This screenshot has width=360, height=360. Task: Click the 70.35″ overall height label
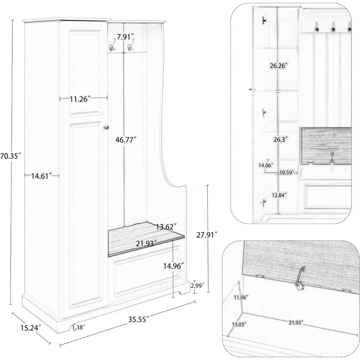click(x=10, y=156)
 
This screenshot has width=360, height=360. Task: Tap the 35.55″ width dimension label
click(x=139, y=319)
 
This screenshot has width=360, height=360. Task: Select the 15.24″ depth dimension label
click(x=31, y=328)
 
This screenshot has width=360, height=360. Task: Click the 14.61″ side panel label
click(x=41, y=176)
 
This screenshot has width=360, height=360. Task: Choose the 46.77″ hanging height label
click(x=126, y=140)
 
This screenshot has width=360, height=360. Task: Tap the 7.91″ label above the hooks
click(x=126, y=37)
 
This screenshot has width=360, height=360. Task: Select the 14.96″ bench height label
click(x=174, y=266)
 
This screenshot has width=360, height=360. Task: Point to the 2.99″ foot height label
click(x=197, y=285)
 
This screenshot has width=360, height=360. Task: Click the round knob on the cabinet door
click(x=106, y=127)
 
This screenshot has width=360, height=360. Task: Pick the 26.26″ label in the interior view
click(x=279, y=66)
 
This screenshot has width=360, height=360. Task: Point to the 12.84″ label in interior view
click(x=279, y=195)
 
